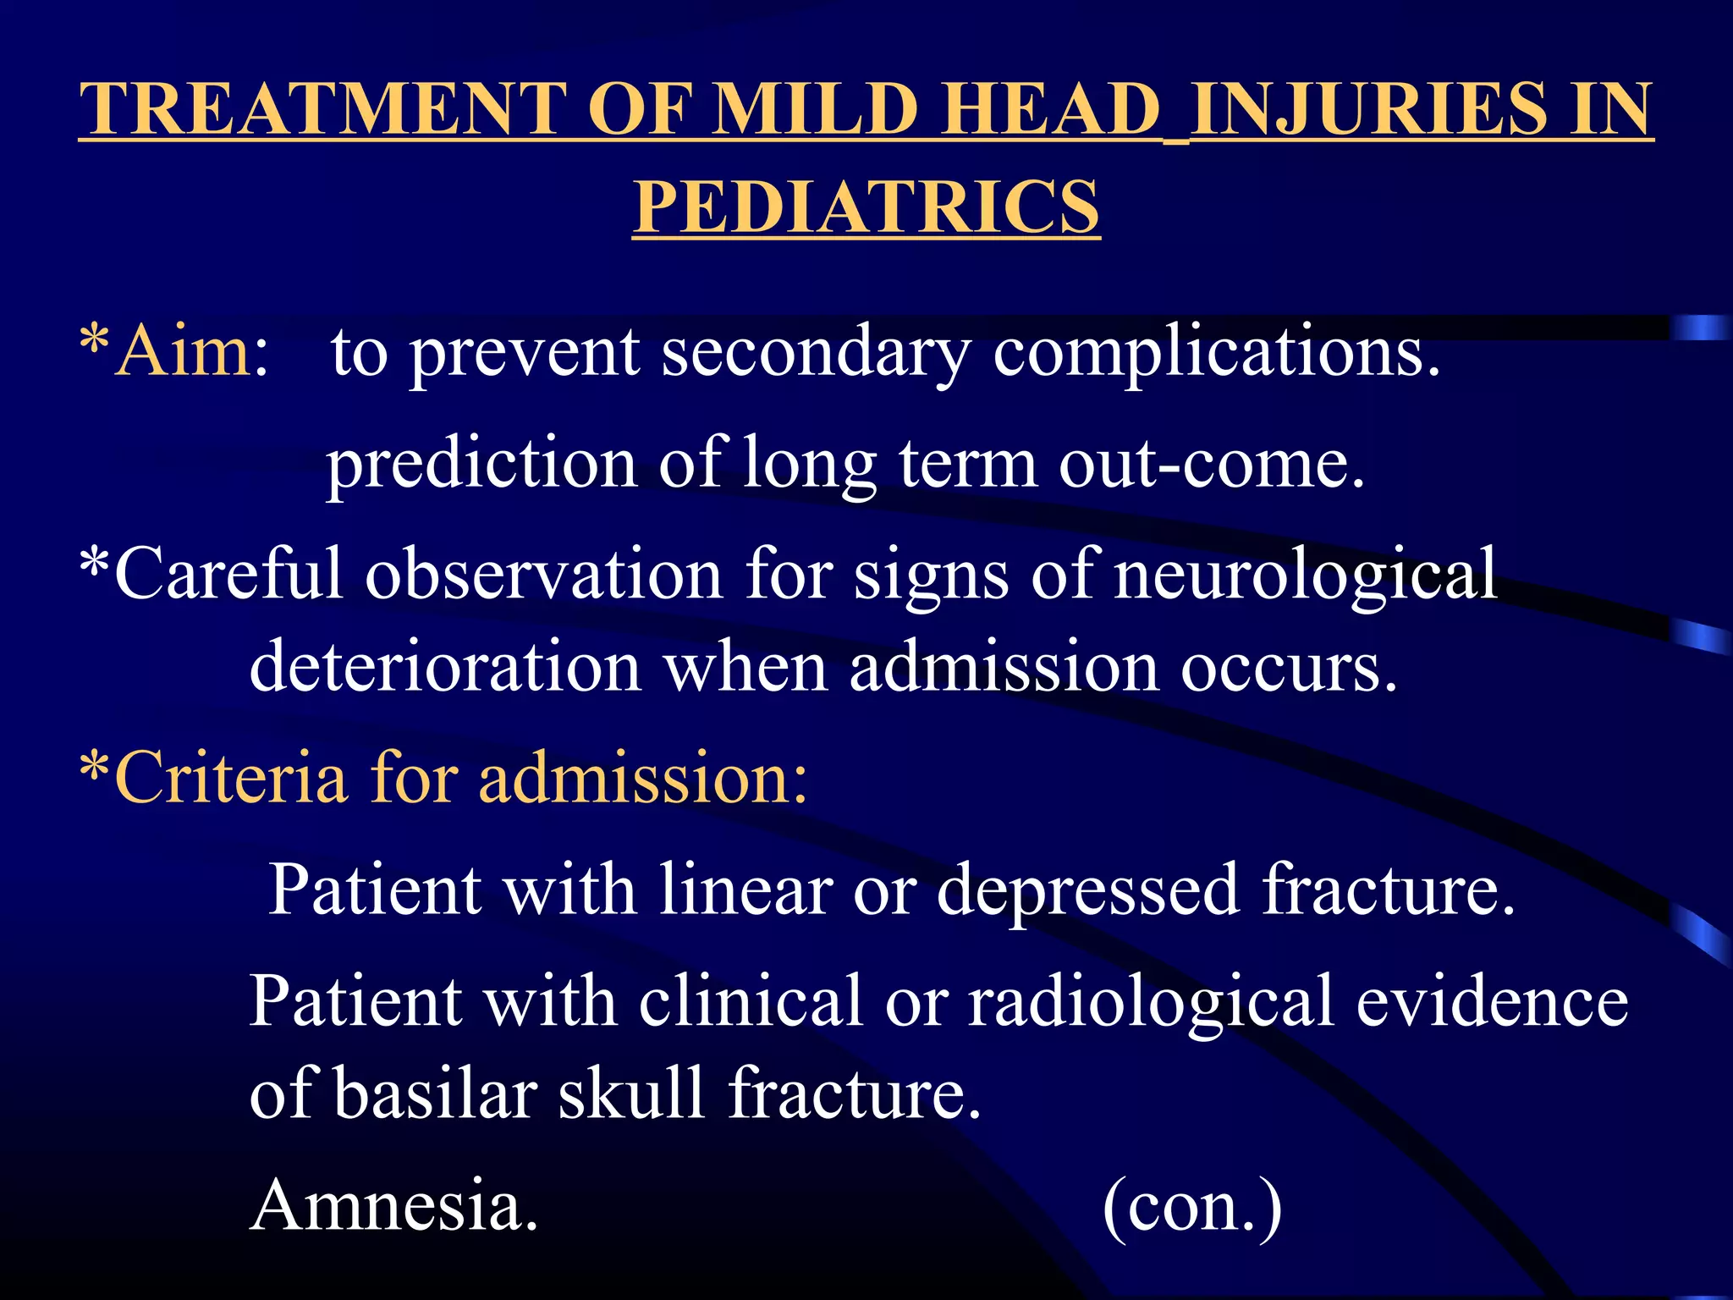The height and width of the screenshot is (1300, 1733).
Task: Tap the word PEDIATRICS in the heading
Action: [866, 207]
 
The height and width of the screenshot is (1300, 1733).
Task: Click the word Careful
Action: [228, 575]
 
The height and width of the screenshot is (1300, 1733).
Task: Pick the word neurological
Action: [1304, 575]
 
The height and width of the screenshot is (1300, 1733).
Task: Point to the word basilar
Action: [436, 1093]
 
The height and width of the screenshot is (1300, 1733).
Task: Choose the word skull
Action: [631, 1093]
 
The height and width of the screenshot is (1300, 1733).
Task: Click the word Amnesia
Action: [394, 1205]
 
